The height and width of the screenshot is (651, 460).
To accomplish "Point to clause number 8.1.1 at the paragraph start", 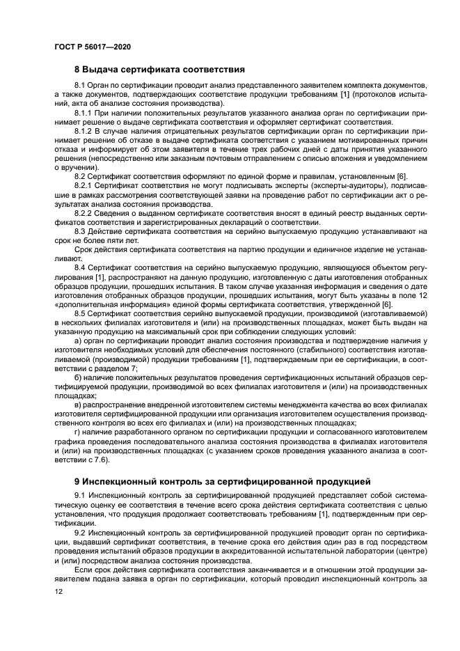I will click(x=84, y=111).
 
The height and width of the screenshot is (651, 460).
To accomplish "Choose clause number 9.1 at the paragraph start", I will click(x=81, y=495).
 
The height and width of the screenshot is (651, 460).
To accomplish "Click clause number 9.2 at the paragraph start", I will click(x=81, y=532).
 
